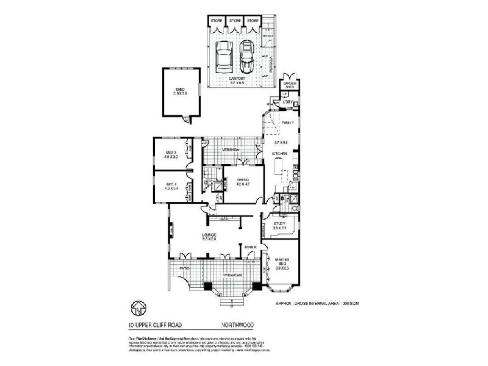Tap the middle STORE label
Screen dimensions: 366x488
coord(235,21)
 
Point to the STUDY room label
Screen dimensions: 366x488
coord(280,224)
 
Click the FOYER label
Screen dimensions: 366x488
coord(250,247)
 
